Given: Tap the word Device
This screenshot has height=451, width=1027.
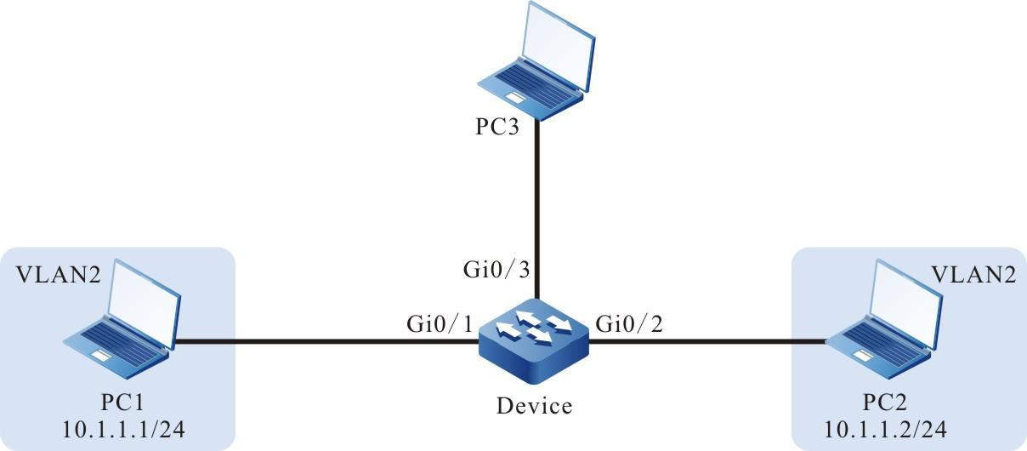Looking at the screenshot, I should click(x=534, y=407).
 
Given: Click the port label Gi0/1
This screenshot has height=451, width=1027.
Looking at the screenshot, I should click(x=437, y=324).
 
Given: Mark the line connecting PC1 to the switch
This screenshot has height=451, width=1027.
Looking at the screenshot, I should click(x=323, y=343).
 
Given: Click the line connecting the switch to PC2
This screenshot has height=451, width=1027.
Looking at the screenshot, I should click(x=706, y=343).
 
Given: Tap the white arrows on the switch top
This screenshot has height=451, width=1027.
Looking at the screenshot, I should click(x=534, y=327).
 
